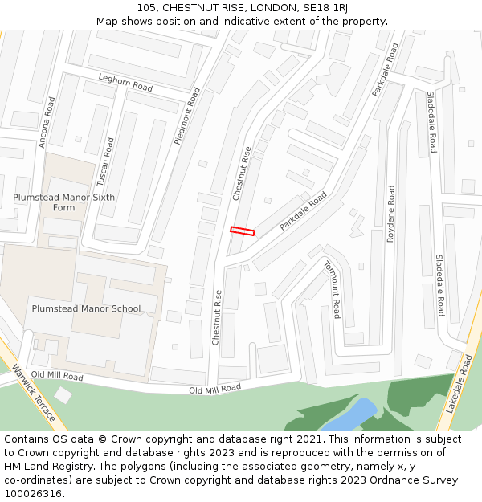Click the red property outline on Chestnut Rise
coord(242,231)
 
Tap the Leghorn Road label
coord(125,82)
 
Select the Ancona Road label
coord(47,122)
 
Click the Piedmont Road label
coord(186,116)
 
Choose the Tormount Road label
coord(332,288)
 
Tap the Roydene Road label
coord(391,214)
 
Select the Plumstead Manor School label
coord(86,308)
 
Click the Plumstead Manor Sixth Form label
coord(63,202)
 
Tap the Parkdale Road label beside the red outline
coord(303,211)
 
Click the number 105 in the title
coord(146,7)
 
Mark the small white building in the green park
coord(63,394)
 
